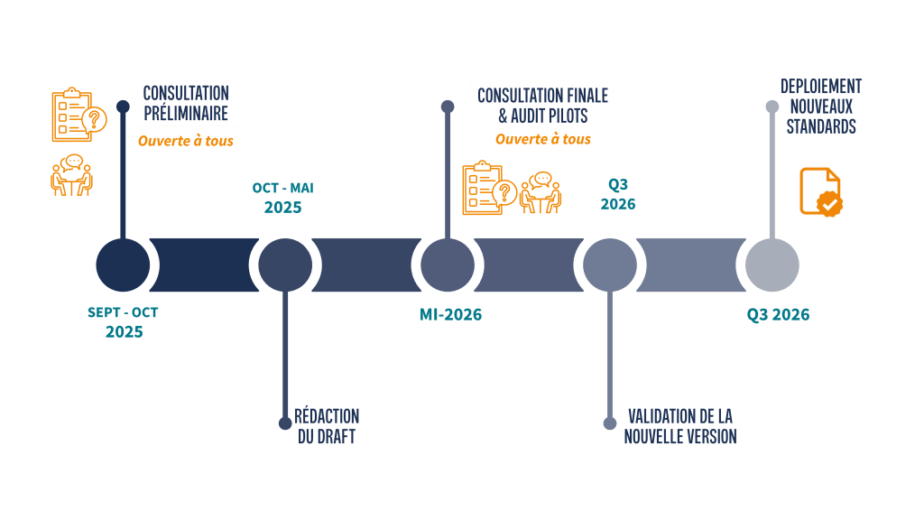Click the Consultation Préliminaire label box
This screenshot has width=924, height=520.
click(x=186, y=103)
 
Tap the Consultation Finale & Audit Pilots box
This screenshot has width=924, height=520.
click(x=542, y=105)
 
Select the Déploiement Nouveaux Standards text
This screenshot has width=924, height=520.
click(x=820, y=107)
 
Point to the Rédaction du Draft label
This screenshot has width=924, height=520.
click(x=327, y=427)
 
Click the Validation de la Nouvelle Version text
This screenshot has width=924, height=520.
click(x=680, y=427)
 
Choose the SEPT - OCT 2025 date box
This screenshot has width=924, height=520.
click(x=125, y=322)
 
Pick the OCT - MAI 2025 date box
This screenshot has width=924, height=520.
click(x=282, y=199)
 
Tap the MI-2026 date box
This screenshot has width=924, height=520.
click(x=450, y=315)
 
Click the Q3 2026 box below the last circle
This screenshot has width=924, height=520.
click(x=777, y=316)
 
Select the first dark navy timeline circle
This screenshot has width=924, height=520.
click(x=123, y=265)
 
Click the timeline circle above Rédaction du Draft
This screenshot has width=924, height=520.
click(x=285, y=265)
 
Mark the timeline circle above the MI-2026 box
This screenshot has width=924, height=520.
click(x=448, y=265)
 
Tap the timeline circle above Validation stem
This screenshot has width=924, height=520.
click(x=609, y=265)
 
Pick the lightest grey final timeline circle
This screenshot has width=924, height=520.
click(x=772, y=265)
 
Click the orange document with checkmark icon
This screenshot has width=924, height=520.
click(x=820, y=191)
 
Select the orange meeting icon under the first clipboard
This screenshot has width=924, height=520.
click(x=71, y=175)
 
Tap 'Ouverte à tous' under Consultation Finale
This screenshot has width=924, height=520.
click(x=543, y=140)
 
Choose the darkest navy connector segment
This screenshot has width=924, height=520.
click(x=203, y=265)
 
